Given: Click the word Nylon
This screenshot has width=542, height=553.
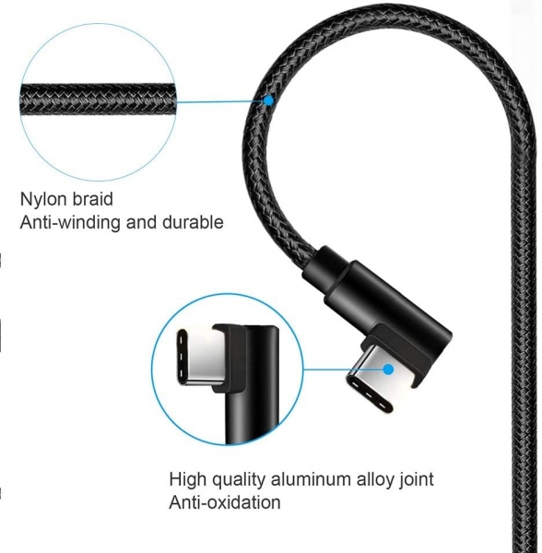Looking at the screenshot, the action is pyautogui.click(x=44, y=200).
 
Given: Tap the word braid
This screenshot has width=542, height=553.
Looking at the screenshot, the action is pyautogui.click(x=93, y=199).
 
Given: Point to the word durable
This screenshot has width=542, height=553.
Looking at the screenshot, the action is pyautogui.click(x=193, y=222).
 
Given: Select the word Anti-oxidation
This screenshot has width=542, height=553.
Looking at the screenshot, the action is pyautogui.click(x=225, y=502).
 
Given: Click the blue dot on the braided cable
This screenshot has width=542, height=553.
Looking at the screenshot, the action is pyautogui.click(x=269, y=100).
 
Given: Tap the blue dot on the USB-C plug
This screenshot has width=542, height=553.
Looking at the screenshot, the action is pyautogui.click(x=389, y=370).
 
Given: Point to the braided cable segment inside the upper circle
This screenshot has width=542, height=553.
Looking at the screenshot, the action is pyautogui.click(x=98, y=100).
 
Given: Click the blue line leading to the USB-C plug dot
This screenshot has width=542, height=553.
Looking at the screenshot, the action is pyautogui.click(x=344, y=370).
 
